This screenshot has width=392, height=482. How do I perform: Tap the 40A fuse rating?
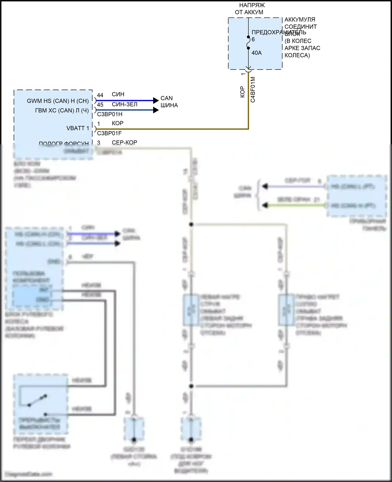[256, 53]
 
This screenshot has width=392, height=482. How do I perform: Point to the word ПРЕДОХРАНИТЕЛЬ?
[279, 32]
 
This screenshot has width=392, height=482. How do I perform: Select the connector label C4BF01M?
[253, 90]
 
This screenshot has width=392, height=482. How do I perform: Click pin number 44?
[100, 95]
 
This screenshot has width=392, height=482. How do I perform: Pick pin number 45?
[100, 105]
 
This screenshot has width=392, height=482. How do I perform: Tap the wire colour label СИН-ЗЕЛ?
[124, 104]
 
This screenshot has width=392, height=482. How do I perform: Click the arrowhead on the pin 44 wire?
[156, 100]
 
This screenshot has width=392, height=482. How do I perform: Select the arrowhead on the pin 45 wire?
[156, 110]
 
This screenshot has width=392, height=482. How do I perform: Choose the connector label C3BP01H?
[109, 114]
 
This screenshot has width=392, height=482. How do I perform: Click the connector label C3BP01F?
[109, 133]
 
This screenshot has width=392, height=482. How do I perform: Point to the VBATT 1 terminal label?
[78, 128]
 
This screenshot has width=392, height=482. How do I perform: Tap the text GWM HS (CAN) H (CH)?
[58, 101]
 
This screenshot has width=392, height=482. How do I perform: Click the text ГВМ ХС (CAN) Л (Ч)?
[62, 111]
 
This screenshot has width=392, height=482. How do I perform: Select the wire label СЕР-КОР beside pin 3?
[124, 143]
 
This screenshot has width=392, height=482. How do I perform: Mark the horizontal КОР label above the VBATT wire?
[118, 123]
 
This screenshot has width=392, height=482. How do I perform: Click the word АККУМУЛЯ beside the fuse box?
[300, 20]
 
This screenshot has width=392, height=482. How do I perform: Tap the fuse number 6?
[253, 39]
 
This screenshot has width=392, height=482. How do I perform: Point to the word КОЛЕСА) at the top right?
[297, 55]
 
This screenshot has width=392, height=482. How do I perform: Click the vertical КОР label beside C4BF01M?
[243, 92]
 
